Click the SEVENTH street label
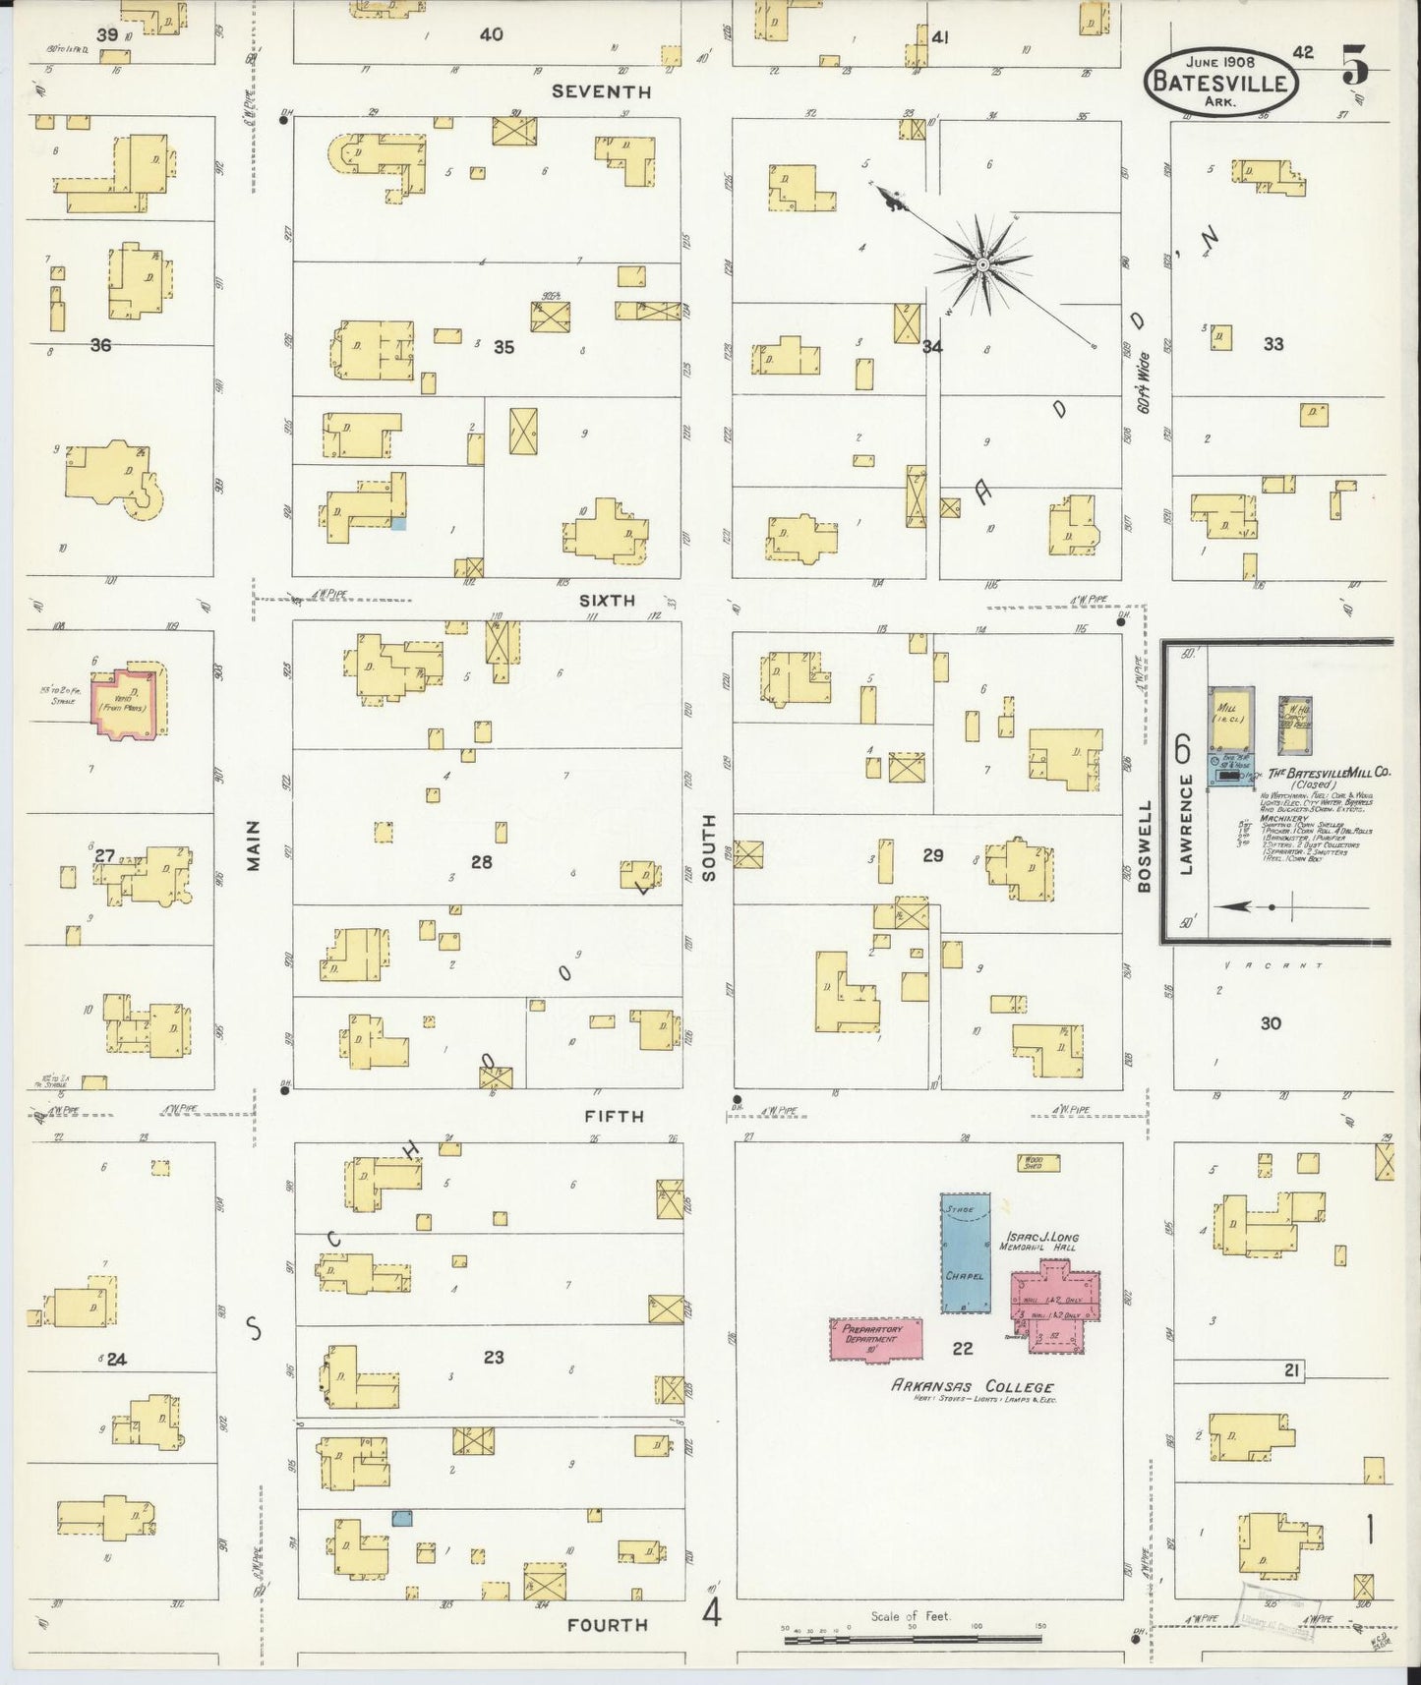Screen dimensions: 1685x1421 [x=601, y=91]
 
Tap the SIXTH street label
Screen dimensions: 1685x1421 [x=607, y=600]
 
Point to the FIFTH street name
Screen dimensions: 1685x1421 [x=614, y=1116]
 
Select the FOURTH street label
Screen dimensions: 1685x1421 [x=607, y=1625]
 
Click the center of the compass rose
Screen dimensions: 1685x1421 [x=981, y=264]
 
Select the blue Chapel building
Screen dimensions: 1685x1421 [x=965, y=1252]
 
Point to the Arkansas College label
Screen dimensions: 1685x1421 [x=972, y=1387]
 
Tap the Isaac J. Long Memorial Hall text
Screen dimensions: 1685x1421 [x=1038, y=1242]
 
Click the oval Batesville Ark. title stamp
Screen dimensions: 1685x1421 [x=1220, y=81]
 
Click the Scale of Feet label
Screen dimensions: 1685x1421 [x=910, y=1616]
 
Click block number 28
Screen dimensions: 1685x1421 [x=481, y=862]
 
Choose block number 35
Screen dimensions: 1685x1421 [x=503, y=347]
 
